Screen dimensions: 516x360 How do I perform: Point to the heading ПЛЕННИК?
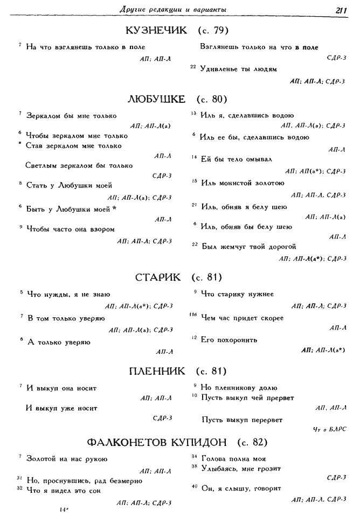click(157, 371)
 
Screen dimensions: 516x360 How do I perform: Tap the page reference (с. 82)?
click(253, 442)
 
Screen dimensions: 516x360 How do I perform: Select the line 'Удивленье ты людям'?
click(238, 69)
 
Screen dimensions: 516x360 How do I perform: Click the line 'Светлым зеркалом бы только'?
click(79, 165)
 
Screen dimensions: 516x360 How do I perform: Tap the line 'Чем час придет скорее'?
click(242, 318)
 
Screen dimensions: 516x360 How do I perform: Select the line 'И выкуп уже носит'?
click(61, 407)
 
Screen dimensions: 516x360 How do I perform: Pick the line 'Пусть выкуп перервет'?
click(241, 419)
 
